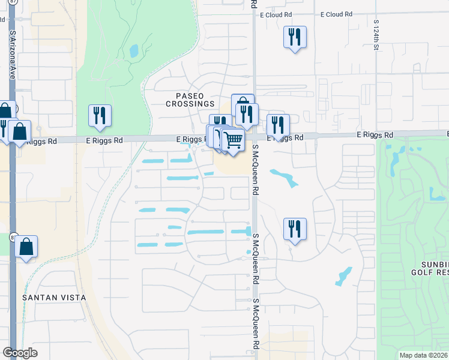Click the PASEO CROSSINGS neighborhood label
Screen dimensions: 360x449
pos(190,100)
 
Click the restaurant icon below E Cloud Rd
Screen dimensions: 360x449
pos(295,38)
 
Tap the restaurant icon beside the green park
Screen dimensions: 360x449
pos(100,116)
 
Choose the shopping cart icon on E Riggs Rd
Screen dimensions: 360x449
pos(233,142)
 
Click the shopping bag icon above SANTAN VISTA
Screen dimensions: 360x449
pos(26,247)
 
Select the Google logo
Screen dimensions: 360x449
pos(20,353)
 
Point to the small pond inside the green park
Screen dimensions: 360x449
pos(134,51)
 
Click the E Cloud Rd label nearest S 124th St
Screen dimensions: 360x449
pos(339,14)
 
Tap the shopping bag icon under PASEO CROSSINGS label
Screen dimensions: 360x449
pos(243,105)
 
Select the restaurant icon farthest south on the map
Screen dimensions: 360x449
pos(295,230)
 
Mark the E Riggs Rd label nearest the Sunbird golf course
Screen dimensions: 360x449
pos(376,136)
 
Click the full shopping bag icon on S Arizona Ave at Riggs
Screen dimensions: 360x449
pos(19,132)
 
